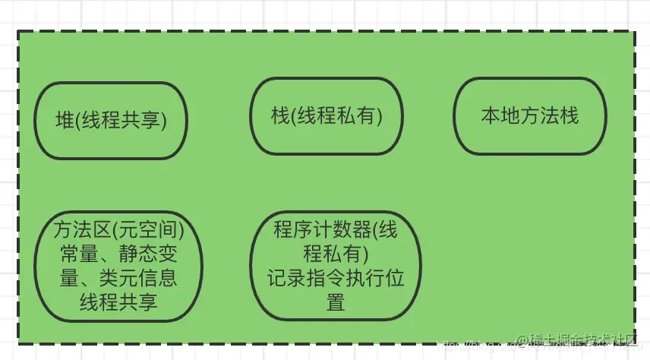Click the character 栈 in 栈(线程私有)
click(x=279, y=116)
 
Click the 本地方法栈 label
click(x=529, y=116)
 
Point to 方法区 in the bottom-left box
click(x=80, y=229)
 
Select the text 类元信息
click(x=140, y=277)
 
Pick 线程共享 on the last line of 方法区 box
click(x=118, y=302)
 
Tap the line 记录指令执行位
click(x=335, y=277)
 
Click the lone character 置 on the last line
click(x=336, y=302)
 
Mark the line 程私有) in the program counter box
click(x=336, y=253)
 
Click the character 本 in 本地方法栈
click(x=490, y=116)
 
